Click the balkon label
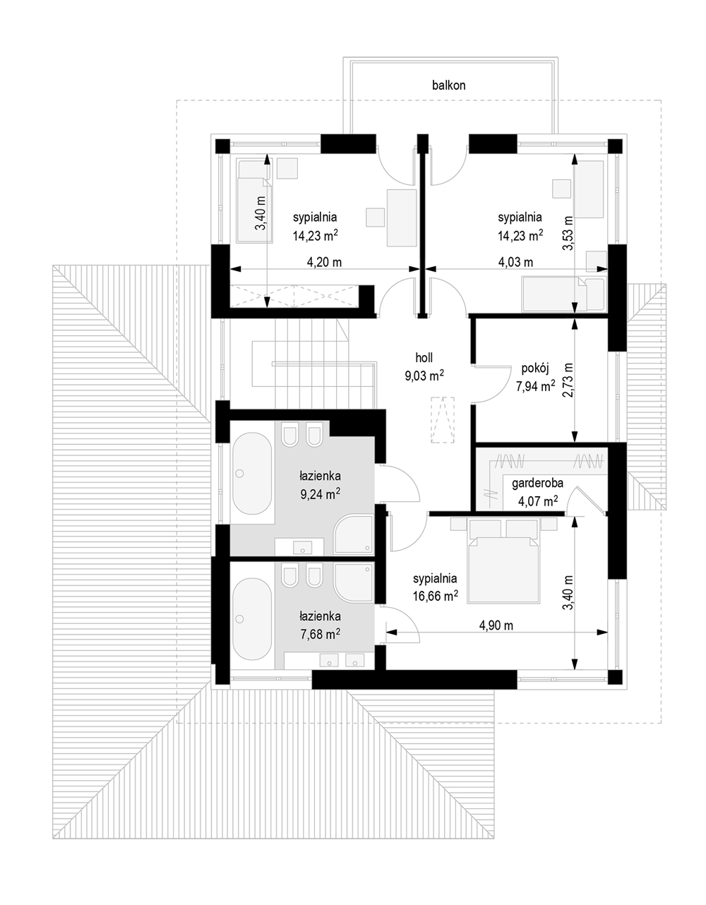[x=448, y=85]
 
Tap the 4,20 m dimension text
[x=324, y=262]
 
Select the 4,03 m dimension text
[x=515, y=262]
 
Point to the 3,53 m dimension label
[x=568, y=233]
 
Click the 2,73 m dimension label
[x=568, y=380]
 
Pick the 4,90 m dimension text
[x=496, y=625]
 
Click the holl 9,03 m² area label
[x=424, y=366]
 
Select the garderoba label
[x=537, y=483]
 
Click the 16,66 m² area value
[x=436, y=596]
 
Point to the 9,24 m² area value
[x=320, y=493]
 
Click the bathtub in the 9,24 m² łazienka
[x=251, y=474]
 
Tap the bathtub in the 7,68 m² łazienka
[x=251, y=618]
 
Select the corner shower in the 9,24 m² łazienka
[x=353, y=535]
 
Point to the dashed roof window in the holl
[x=443, y=419]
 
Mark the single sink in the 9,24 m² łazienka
[x=302, y=547]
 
